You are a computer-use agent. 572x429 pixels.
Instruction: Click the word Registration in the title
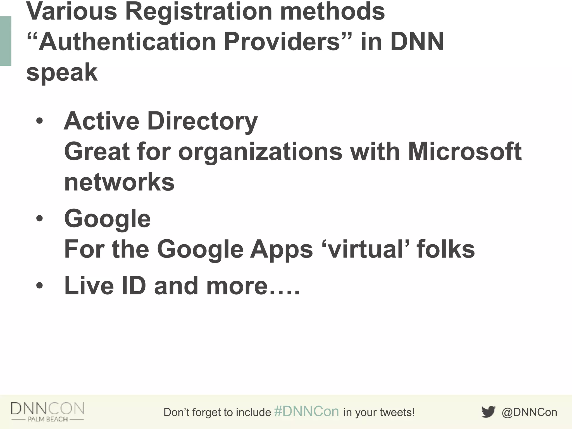[x=198, y=12]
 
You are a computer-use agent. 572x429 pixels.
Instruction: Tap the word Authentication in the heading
[x=127, y=42]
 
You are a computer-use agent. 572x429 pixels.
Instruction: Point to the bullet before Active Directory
[x=40, y=121]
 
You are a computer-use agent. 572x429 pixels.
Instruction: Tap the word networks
[x=119, y=182]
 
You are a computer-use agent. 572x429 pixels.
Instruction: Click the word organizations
[x=260, y=152]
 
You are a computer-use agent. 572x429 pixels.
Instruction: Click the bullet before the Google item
[x=40, y=219]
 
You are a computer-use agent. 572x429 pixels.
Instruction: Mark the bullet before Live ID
[x=40, y=286]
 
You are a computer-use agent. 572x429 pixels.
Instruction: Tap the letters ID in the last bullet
[x=134, y=286]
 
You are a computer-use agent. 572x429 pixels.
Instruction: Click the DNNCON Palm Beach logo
[x=47, y=411]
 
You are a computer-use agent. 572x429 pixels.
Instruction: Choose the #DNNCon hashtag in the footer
[x=306, y=412]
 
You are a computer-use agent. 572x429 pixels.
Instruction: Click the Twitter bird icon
[x=488, y=412]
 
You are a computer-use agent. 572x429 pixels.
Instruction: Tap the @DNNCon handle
[x=529, y=412]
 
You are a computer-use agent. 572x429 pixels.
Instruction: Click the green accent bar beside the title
[x=5, y=41]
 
